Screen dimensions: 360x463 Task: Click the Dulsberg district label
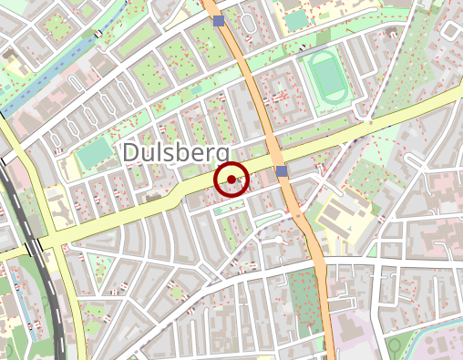(177, 152)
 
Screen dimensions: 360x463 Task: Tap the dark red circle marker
(231, 180)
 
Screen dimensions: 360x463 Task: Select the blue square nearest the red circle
(282, 171)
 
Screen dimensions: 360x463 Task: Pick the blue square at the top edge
(218, 20)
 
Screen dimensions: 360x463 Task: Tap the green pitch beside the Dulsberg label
(92, 154)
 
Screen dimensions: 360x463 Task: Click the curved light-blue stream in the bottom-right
(428, 337)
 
